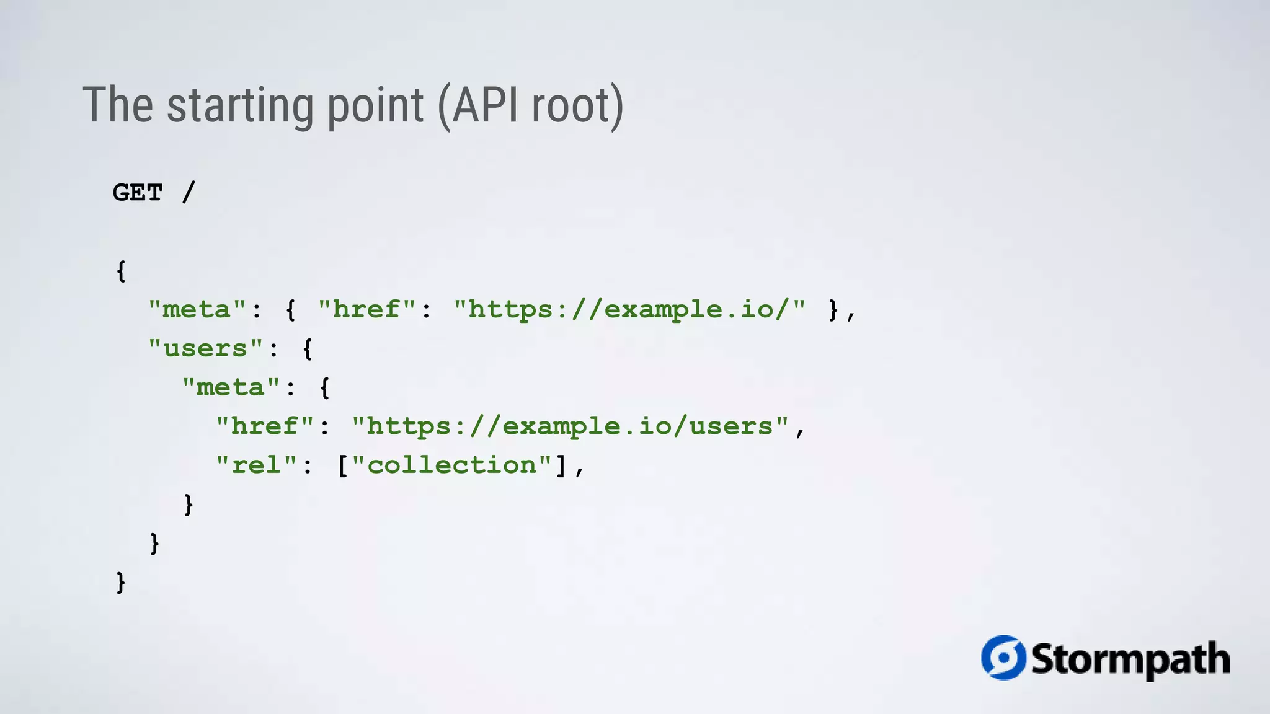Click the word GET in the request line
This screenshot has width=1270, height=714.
138,193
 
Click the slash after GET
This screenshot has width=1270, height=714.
189,192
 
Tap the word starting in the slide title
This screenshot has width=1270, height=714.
241,105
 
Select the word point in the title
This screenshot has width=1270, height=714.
375,105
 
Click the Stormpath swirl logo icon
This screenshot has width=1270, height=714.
1003,658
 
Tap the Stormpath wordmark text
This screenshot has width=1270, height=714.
1130,659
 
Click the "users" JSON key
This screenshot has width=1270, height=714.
206,348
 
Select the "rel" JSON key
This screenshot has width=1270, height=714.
256,465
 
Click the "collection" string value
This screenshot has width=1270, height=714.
452,465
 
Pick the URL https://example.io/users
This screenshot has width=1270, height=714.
570,426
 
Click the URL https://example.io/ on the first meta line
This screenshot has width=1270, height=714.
629,309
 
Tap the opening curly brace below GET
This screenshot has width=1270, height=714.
121,271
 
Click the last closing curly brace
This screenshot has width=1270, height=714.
121,583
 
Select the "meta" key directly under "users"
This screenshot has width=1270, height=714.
231,387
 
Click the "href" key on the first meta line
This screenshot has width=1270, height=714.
366,309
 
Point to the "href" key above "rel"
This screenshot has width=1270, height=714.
265,426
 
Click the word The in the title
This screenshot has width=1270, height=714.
118,105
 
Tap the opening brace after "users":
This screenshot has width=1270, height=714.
308,348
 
